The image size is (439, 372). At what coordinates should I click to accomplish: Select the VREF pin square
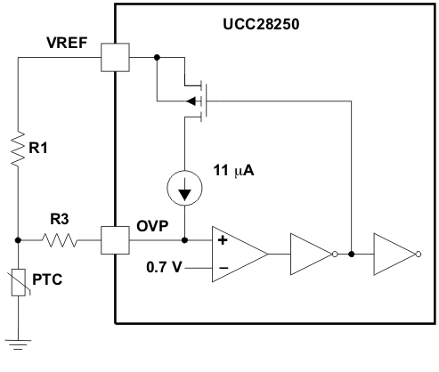(116, 59)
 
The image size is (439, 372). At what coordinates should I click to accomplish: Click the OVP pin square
(116, 239)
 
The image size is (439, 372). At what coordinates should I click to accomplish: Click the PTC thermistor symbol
(20, 284)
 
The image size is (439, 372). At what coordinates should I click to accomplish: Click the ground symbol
(20, 342)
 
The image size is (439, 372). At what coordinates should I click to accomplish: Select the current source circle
(184, 190)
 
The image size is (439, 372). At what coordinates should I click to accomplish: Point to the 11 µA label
(233, 170)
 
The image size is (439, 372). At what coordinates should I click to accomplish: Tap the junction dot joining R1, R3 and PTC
(20, 239)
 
